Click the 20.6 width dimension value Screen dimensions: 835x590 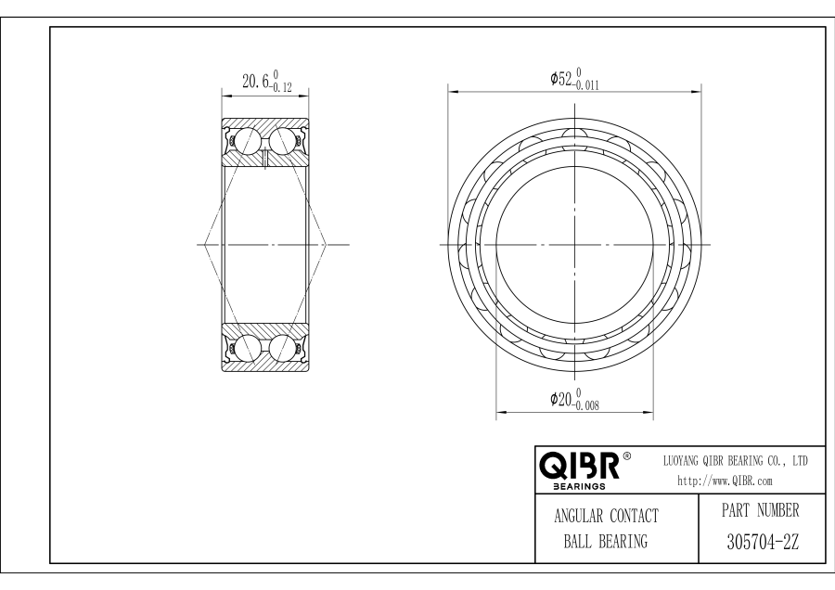256,81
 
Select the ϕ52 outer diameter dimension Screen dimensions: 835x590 562,79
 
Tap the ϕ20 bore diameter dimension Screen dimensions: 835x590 562,399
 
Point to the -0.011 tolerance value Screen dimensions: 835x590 586,85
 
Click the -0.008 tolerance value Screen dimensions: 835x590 586,405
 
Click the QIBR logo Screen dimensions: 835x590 579,466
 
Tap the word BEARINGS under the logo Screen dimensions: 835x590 579,486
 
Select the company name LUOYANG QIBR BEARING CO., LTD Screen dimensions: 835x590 735,461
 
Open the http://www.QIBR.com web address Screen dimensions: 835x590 725,481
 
